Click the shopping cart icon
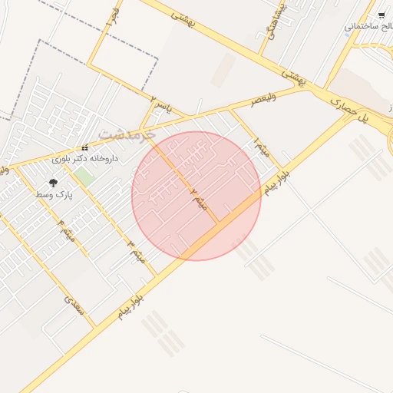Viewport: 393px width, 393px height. (381, 15)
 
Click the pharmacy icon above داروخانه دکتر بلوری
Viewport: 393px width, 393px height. (85, 148)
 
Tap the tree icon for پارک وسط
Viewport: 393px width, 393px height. (54, 183)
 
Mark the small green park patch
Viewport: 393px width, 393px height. (84, 176)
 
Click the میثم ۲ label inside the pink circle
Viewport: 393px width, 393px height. (199, 198)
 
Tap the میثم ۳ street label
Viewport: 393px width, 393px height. (136, 250)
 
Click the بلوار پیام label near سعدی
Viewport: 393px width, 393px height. (132, 305)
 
